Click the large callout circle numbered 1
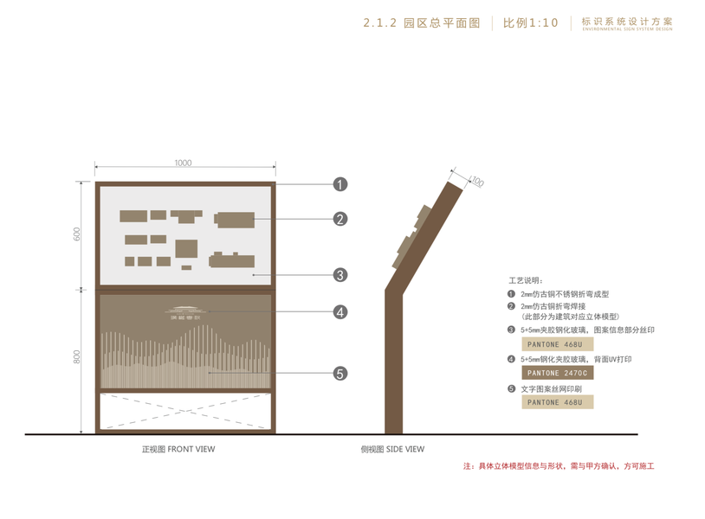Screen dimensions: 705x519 coord(340,183)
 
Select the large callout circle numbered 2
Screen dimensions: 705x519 coord(340,219)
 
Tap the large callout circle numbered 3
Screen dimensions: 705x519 coord(340,275)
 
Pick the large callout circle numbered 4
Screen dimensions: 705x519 coord(340,312)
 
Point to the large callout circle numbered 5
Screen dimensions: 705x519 coord(340,374)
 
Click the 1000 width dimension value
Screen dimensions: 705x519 coord(183,163)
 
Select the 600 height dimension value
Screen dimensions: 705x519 coord(77,234)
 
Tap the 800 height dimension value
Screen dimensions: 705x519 coord(77,356)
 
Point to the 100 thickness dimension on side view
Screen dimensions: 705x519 coord(478,182)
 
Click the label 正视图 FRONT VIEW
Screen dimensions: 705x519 coord(178,449)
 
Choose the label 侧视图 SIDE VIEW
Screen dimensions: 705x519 coord(392,449)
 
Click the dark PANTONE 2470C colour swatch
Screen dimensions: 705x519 coord(557,373)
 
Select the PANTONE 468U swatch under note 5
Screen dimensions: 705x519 coord(557,402)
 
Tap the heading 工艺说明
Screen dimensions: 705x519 coord(525,281)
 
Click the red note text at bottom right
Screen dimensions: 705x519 coord(559,467)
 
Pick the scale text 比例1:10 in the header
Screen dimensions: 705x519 coord(531,23)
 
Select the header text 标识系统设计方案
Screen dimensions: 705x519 coord(627,21)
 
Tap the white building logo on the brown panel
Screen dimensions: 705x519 coord(184,312)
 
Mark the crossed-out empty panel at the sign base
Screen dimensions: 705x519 coord(185,412)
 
